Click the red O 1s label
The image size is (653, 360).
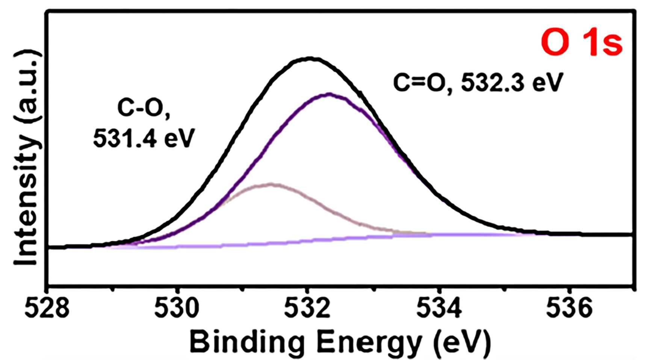(582, 44)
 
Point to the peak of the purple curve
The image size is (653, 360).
(330, 94)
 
